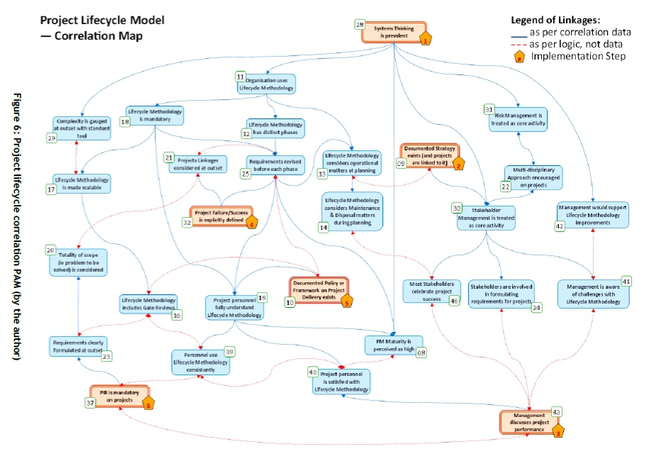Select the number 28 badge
click(x=360, y=24)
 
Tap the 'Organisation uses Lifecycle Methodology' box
click(x=265, y=83)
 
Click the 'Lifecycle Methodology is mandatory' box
click(x=155, y=116)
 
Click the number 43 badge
click(x=557, y=411)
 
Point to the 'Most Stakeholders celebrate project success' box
click(x=432, y=290)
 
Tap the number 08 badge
click(x=421, y=353)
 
